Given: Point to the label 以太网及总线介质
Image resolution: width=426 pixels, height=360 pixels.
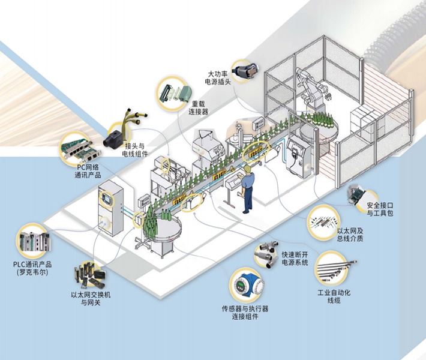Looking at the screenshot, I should [x=350, y=233].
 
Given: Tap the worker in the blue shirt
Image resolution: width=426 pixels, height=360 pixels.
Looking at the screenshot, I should [x=247, y=190].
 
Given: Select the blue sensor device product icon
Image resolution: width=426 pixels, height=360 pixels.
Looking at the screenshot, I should [x=245, y=287].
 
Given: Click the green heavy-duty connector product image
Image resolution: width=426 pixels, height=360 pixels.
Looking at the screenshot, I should [x=175, y=92].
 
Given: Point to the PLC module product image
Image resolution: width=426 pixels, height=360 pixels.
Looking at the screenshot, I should [x=34, y=241].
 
